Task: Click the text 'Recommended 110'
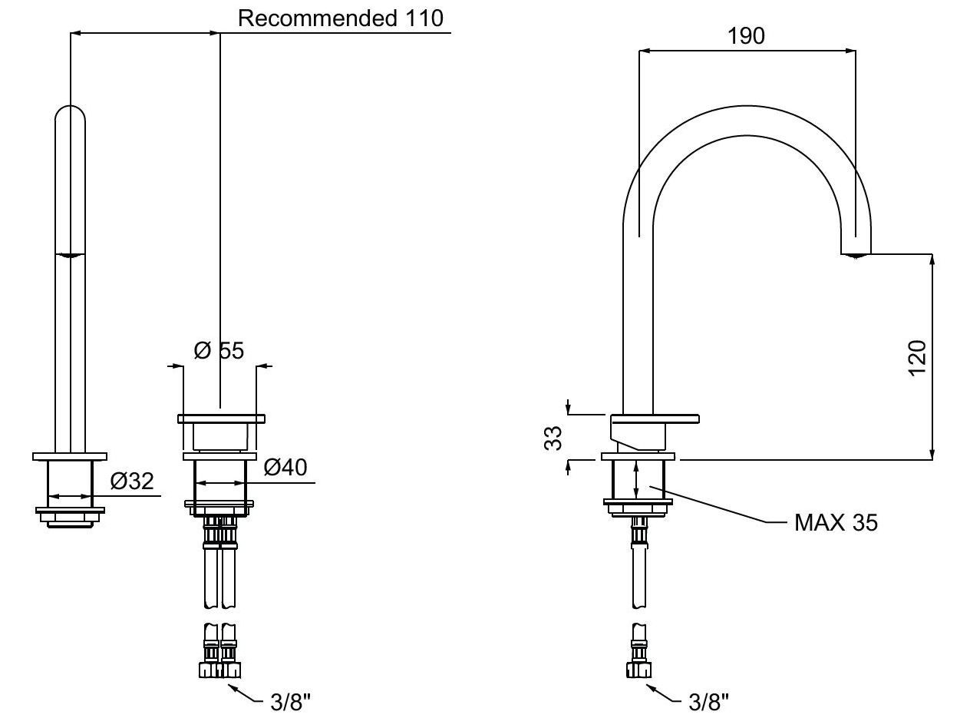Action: [x=340, y=18]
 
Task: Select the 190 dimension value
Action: [x=747, y=35]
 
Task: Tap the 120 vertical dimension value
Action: [x=918, y=358]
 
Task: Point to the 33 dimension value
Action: [x=553, y=438]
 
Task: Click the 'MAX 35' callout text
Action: [x=836, y=523]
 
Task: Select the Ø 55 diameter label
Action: [x=219, y=351]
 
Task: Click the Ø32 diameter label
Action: [x=132, y=481]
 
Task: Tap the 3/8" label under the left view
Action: [x=291, y=701]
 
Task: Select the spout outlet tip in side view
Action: [x=856, y=253]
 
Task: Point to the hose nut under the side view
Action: [x=638, y=669]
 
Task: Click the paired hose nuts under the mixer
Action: [x=219, y=669]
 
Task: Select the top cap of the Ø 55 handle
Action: [x=221, y=419]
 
